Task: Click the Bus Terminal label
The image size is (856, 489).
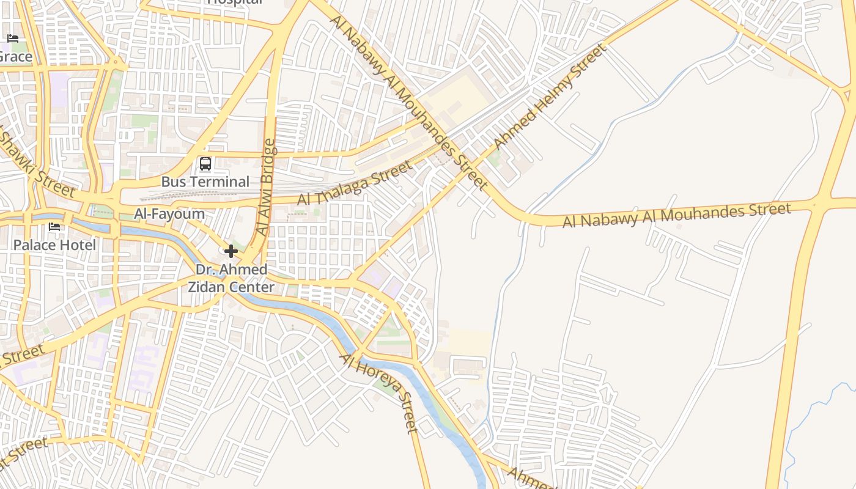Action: (x=205, y=182)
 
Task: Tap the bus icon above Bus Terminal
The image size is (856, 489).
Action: (x=205, y=164)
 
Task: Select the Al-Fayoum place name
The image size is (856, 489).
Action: (x=169, y=214)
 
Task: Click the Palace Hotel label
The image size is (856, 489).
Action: (x=54, y=245)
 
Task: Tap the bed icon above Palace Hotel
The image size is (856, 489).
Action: (x=54, y=227)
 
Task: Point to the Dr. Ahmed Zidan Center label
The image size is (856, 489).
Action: (x=231, y=278)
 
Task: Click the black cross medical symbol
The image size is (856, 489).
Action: (x=231, y=251)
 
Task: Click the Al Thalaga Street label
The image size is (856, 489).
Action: (x=355, y=183)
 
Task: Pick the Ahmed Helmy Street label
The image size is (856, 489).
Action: (x=550, y=96)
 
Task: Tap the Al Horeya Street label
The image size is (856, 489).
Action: (x=380, y=392)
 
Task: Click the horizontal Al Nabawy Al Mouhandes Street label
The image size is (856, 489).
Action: (x=676, y=215)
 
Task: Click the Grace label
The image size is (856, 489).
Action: (x=15, y=57)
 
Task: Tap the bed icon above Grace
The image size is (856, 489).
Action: (x=13, y=39)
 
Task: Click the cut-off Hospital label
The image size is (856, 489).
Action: (x=235, y=2)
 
